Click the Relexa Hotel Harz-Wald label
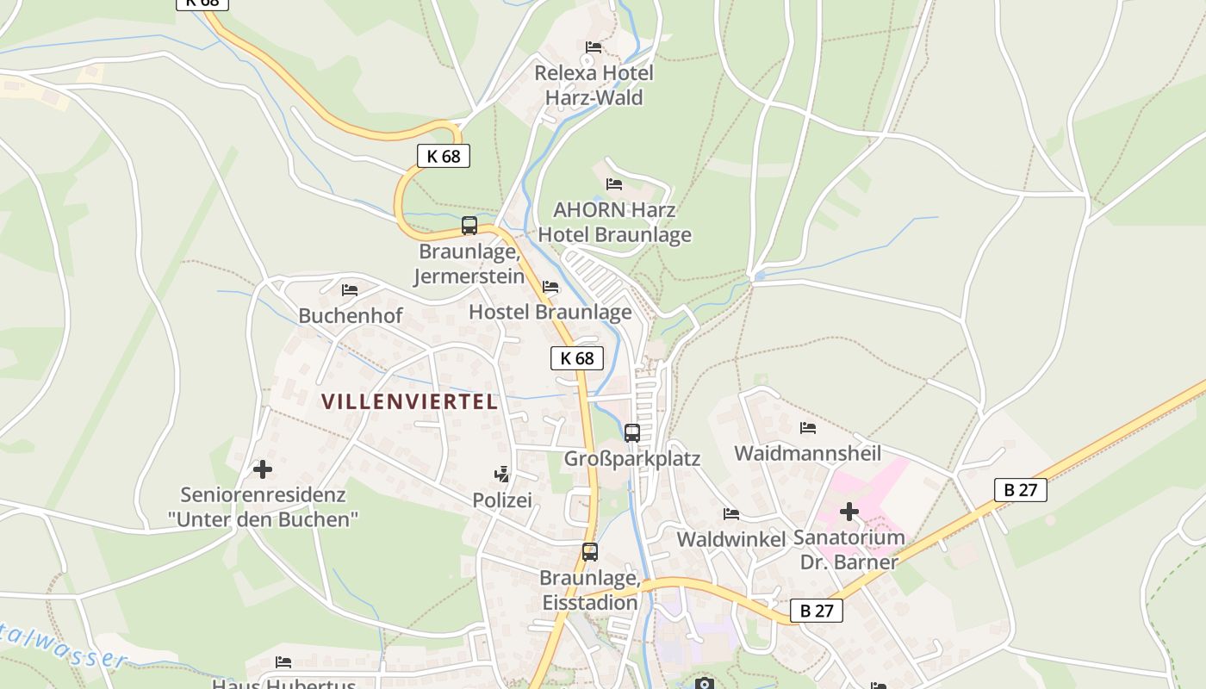pyautogui.click(x=594, y=84)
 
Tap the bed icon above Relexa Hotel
pyautogui.click(x=594, y=47)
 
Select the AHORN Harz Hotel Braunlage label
pyautogui.click(x=614, y=222)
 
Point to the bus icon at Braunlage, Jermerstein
pyautogui.click(x=469, y=226)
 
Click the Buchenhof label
pyautogui.click(x=350, y=316)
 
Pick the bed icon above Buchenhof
pyautogui.click(x=349, y=290)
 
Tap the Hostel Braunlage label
pyautogui.click(x=550, y=312)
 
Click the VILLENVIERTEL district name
pyautogui.click(x=409, y=401)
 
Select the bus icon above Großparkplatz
pyautogui.click(x=632, y=432)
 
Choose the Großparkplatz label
pyautogui.click(x=631, y=459)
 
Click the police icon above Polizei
pyautogui.click(x=501, y=474)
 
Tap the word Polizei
pyautogui.click(x=502, y=500)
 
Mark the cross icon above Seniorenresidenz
pyautogui.click(x=263, y=469)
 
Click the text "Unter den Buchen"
pyautogui.click(x=263, y=519)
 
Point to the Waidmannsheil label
pyautogui.click(x=807, y=453)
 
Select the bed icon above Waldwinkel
pyautogui.click(x=731, y=514)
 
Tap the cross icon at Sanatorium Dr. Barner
pyautogui.click(x=849, y=512)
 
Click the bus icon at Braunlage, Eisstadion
pyautogui.click(x=590, y=552)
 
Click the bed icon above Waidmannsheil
pyautogui.click(x=807, y=427)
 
